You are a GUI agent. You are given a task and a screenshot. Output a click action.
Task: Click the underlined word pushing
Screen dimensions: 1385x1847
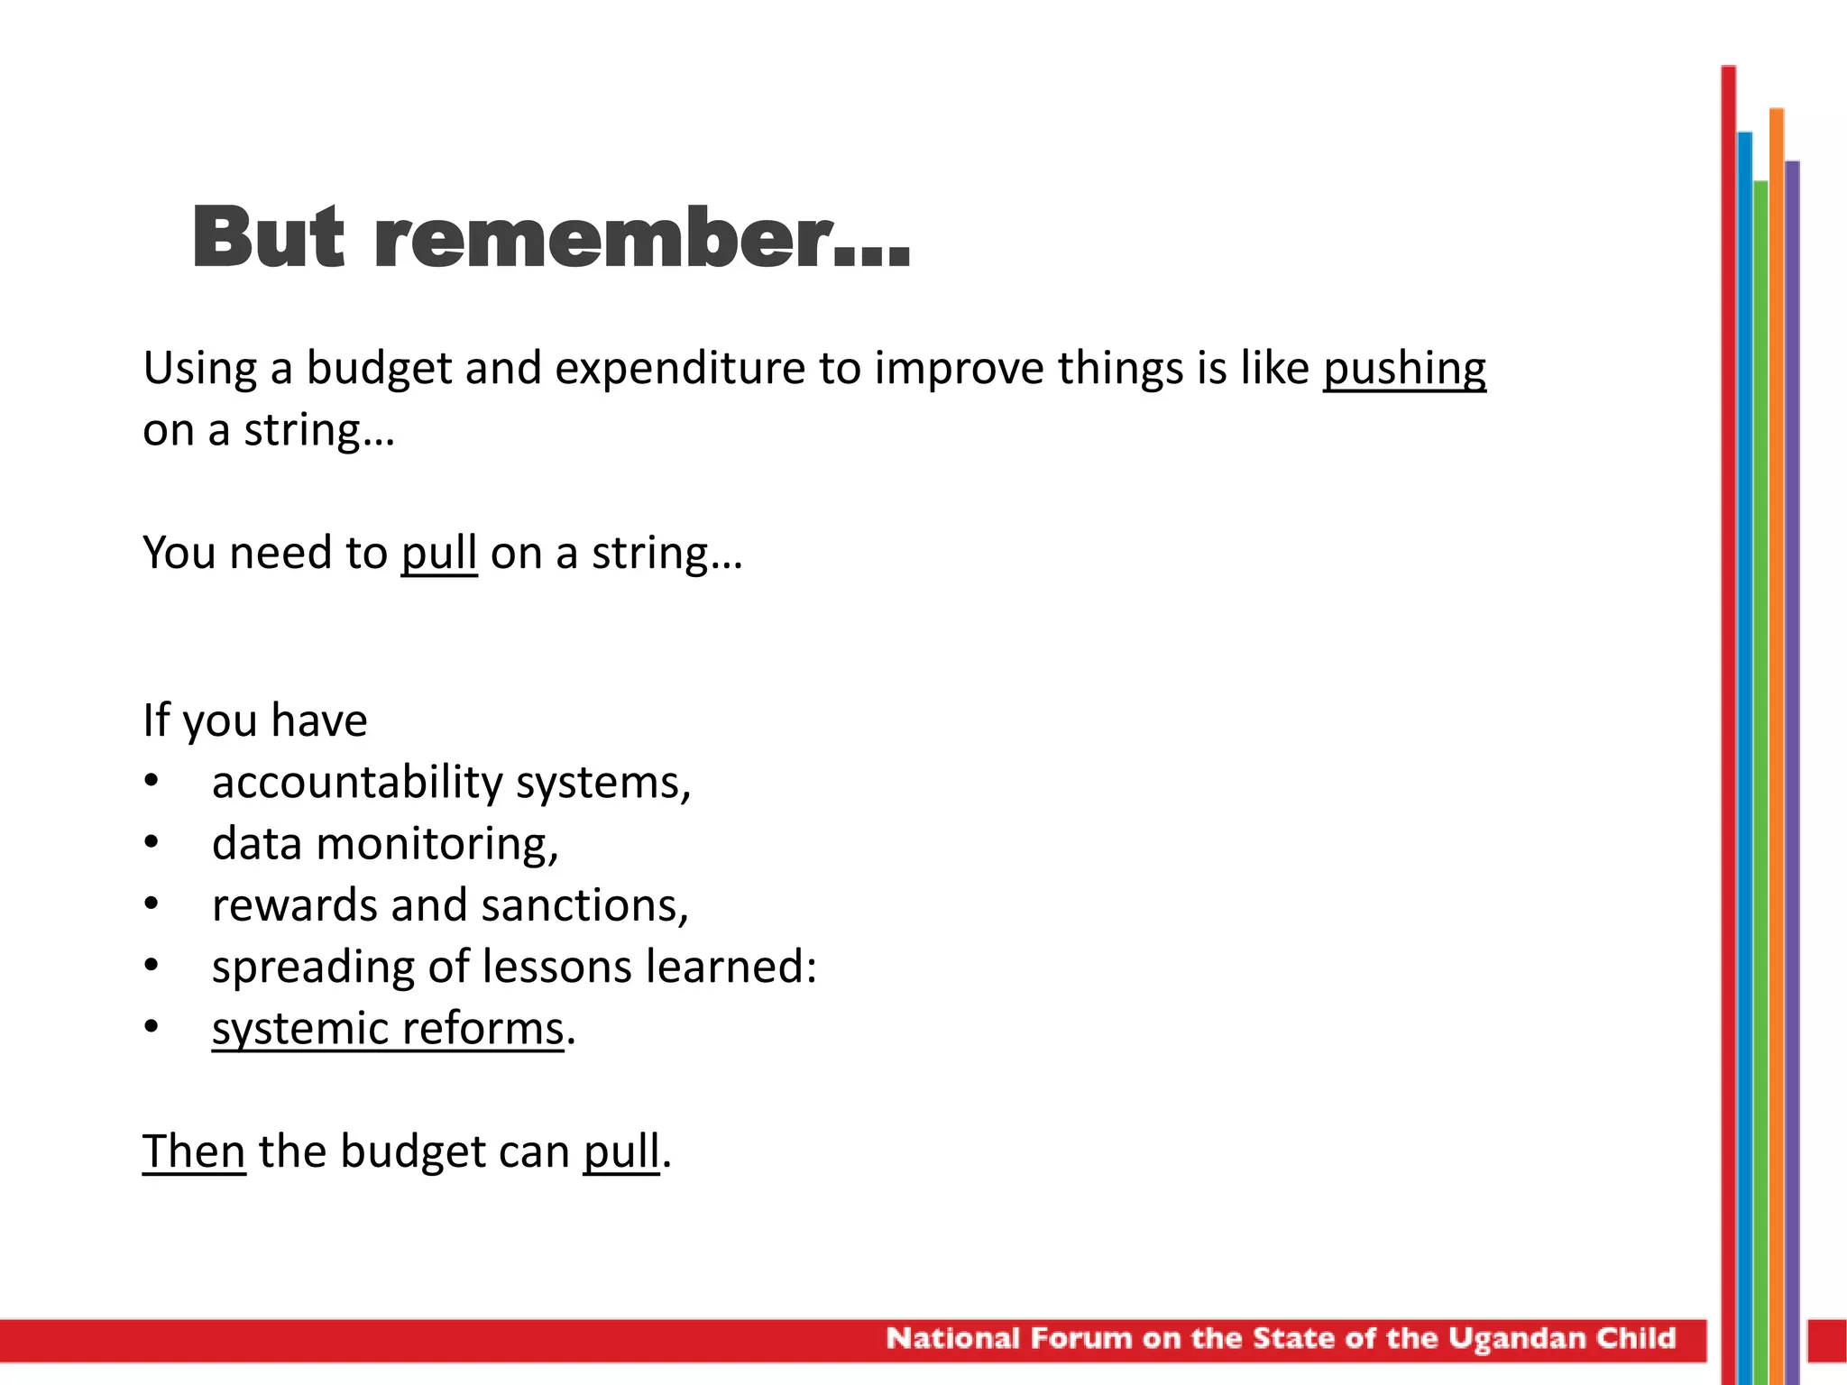[1404, 369]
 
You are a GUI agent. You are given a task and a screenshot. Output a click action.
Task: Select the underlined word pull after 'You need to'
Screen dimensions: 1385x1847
[438, 553]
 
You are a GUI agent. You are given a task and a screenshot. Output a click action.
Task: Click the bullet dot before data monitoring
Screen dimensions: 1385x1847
[152, 842]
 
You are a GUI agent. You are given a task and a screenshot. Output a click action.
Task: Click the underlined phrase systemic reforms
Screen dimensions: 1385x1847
[388, 1029]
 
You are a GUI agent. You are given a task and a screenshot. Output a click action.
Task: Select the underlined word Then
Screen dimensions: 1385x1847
[194, 1151]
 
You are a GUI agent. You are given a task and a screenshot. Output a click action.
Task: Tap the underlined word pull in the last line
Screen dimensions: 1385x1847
[621, 1151]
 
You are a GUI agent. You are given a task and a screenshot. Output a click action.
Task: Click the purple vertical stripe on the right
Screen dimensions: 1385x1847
[1792, 721]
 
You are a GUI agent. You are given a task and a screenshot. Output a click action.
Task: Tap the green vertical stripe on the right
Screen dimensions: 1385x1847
[1760, 721]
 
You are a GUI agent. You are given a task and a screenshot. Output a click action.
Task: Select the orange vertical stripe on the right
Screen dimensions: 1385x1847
[1777, 721]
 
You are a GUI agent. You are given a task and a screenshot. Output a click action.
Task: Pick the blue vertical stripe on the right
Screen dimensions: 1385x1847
[1745, 721]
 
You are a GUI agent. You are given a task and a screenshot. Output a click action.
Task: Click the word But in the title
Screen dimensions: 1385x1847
[268, 238]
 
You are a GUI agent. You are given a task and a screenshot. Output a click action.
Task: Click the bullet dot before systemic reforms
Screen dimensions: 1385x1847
[152, 1027]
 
